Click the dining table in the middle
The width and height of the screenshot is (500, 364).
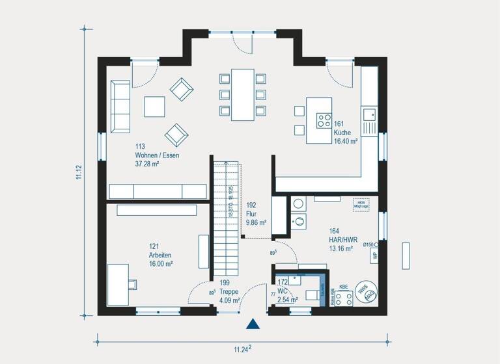click(x=242, y=94)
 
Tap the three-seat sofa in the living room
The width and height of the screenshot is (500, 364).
click(x=120, y=106)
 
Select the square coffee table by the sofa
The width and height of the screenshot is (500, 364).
click(x=155, y=106)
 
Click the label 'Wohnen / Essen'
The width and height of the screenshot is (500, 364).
click(x=157, y=156)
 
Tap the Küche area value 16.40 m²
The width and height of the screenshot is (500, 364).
click(x=346, y=140)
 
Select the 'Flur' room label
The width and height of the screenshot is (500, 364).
click(x=253, y=213)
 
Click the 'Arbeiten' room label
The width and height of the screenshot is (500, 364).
click(x=161, y=255)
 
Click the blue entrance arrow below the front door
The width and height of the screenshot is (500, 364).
click(x=253, y=324)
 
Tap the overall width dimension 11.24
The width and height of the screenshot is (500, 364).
click(x=242, y=349)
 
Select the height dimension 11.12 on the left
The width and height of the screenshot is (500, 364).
click(x=78, y=175)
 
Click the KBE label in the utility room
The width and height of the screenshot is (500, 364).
click(x=344, y=286)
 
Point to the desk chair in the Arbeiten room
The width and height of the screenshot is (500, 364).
click(x=133, y=283)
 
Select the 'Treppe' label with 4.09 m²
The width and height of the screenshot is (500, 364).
click(x=229, y=292)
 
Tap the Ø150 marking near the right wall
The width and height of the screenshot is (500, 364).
click(x=368, y=244)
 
